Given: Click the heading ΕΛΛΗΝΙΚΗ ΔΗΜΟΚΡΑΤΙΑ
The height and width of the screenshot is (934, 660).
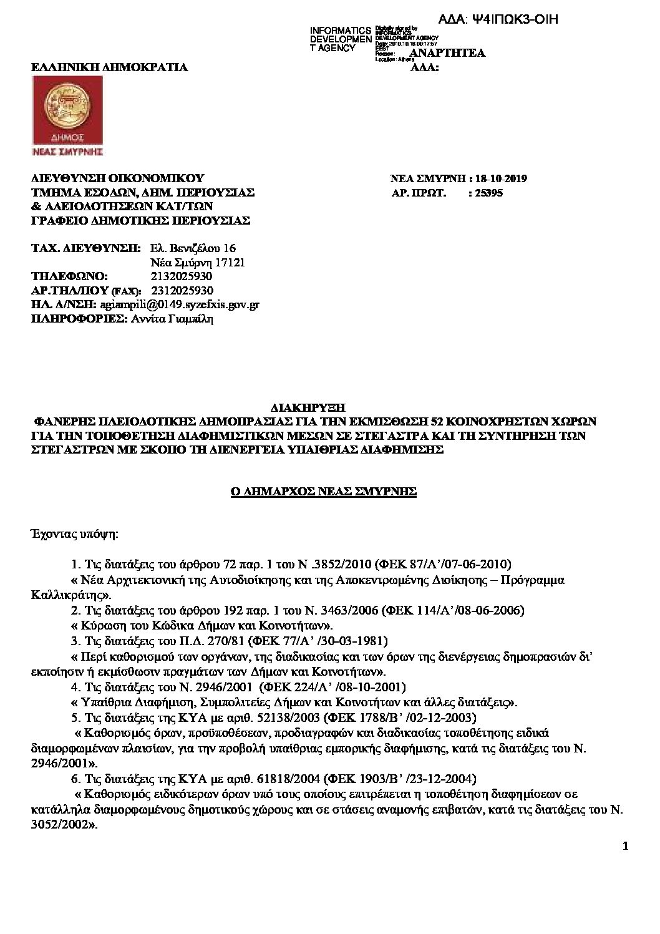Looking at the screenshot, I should pyautogui.click(x=110, y=67).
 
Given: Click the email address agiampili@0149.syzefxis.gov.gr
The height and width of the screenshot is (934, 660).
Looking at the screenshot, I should pyautogui.click(x=180, y=304).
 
